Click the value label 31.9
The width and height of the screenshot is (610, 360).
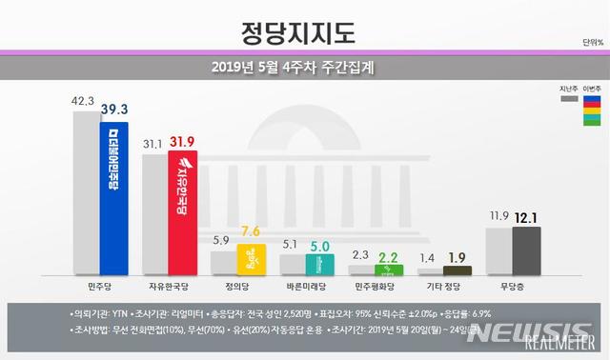pyautogui.click(x=184, y=142)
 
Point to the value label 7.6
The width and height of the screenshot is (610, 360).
pyautogui.click(x=251, y=231)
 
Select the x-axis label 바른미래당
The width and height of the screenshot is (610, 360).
pyautogui.click(x=304, y=285)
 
